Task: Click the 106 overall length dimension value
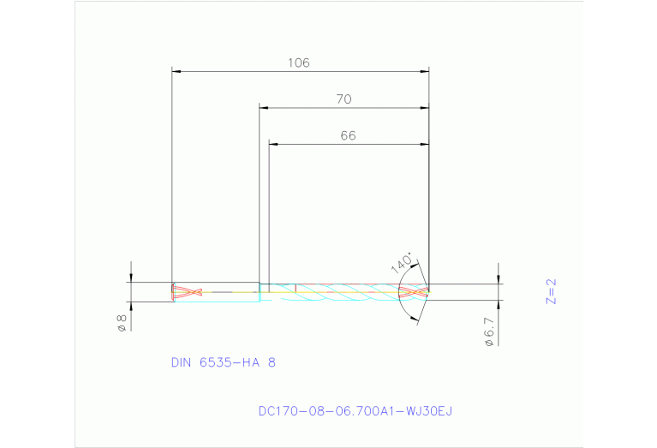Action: (x=299, y=63)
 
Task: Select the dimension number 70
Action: (x=343, y=99)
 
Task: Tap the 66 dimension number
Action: (x=348, y=135)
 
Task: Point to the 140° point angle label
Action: (x=401, y=262)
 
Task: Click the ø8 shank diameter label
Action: (x=122, y=323)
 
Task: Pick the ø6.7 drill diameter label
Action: (x=489, y=330)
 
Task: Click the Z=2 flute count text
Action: (x=552, y=291)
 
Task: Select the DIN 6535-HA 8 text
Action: (x=224, y=362)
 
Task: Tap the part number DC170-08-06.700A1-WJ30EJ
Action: (x=355, y=411)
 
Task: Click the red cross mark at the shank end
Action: (x=187, y=292)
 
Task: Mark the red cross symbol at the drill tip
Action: (x=414, y=292)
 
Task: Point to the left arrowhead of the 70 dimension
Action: (x=265, y=108)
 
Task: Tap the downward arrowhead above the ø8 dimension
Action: (x=131, y=278)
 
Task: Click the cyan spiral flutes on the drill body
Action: (x=343, y=292)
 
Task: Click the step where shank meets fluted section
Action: (x=260, y=292)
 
